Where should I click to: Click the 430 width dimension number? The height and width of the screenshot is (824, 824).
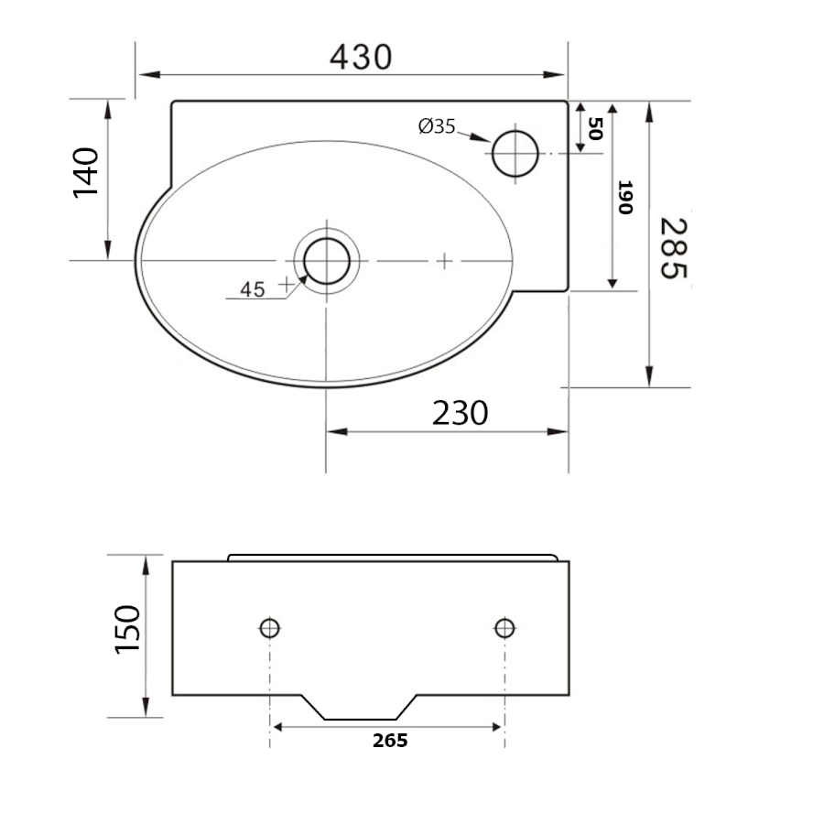pyautogui.click(x=361, y=57)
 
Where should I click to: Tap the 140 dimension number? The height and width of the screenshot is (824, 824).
pyautogui.click(x=86, y=172)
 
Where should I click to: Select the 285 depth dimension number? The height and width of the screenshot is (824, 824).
pyautogui.click(x=674, y=248)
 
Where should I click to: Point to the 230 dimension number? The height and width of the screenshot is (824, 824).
pyautogui.click(x=460, y=413)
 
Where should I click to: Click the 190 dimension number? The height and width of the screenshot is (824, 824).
pyautogui.click(x=624, y=197)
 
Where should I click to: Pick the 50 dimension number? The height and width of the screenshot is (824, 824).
pyautogui.click(x=595, y=128)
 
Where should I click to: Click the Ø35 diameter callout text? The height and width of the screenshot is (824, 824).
pyautogui.click(x=437, y=126)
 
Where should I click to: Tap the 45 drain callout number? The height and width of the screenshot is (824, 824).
pyautogui.click(x=253, y=289)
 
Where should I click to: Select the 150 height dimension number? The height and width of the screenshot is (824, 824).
pyautogui.click(x=127, y=629)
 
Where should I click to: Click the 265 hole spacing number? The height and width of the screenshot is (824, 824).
pyautogui.click(x=390, y=741)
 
